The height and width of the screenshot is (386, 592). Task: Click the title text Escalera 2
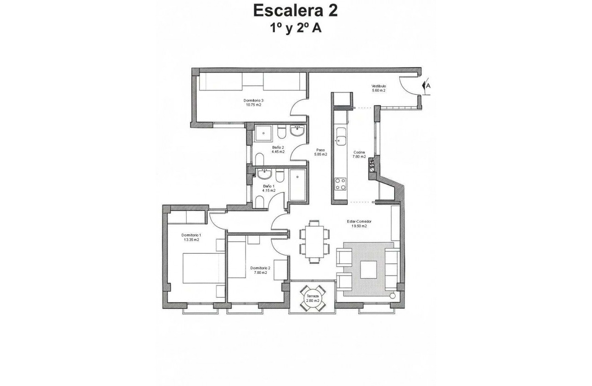296,10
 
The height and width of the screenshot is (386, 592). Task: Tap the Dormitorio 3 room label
253,102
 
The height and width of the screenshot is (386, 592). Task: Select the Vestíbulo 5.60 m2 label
379,88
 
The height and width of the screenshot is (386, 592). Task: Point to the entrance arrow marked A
427,85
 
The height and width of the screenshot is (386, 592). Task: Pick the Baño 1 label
268,188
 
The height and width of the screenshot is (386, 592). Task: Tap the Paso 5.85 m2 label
321,152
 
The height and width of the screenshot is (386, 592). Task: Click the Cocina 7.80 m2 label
359,154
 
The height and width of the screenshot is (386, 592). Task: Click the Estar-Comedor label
359,224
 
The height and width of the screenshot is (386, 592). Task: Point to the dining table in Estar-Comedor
315,242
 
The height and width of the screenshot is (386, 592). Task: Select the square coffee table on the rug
368,269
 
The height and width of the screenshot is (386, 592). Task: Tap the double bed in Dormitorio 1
204,268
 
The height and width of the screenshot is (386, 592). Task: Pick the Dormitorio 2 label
260,270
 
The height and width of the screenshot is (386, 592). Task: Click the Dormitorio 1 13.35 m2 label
191,237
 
